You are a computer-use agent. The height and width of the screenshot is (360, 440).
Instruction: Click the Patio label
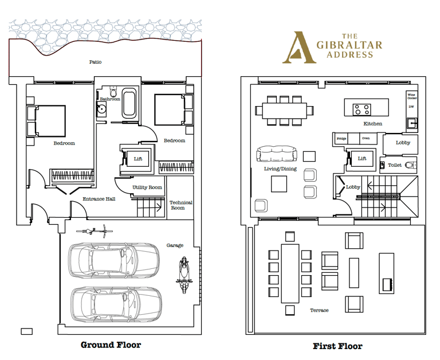click(96, 62)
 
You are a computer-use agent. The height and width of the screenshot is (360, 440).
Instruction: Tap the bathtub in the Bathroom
click(129, 103)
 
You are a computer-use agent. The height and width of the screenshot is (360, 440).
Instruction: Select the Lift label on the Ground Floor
click(138, 159)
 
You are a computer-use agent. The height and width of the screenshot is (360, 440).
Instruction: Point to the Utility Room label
click(147, 187)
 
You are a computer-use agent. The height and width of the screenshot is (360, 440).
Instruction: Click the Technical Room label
click(180, 205)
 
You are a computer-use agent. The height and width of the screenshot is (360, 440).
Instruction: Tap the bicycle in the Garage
click(95, 231)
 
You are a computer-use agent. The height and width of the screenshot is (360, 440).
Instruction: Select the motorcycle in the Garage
click(184, 275)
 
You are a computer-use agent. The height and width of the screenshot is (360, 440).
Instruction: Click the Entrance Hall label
click(99, 199)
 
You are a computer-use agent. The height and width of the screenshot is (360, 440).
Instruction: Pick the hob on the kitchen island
click(362, 109)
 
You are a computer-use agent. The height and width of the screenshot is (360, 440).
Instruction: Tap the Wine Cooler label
click(412, 96)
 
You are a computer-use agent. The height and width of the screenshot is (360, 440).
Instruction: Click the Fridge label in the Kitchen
click(341, 139)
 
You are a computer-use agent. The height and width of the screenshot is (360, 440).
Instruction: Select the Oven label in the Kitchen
click(366, 138)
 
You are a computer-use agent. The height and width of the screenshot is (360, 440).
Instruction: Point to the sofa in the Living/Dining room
click(277, 154)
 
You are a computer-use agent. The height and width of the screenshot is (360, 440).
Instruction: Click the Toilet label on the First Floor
click(395, 165)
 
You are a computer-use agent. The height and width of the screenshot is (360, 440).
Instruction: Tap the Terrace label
click(319, 310)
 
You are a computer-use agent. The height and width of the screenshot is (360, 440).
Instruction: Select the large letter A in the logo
click(299, 48)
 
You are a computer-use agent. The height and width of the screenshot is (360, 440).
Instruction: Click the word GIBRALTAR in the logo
click(349, 45)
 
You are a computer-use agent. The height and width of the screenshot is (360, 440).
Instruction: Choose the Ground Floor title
click(111, 345)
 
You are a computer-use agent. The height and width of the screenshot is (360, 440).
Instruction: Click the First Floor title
click(337, 346)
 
